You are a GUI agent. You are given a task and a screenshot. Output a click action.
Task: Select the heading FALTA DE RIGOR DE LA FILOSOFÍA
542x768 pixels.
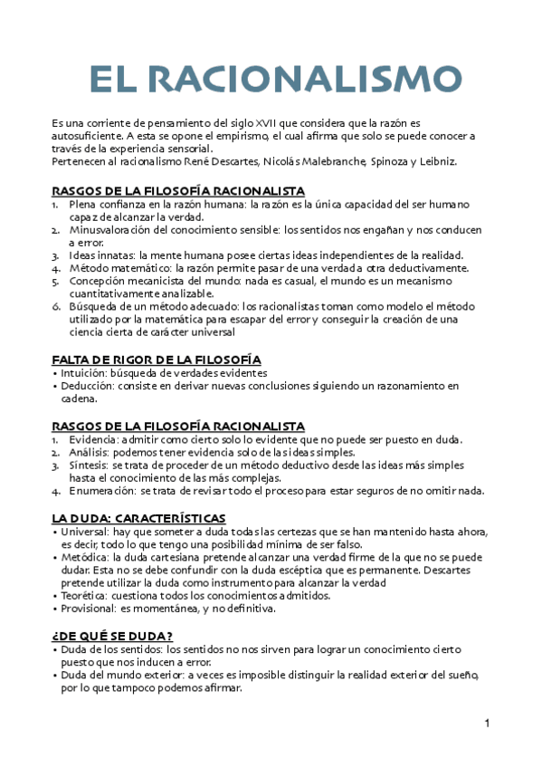click(157, 359)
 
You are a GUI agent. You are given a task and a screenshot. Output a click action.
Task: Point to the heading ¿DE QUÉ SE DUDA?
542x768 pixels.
click(112, 636)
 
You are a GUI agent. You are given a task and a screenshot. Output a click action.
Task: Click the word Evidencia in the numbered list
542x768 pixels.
click(94, 439)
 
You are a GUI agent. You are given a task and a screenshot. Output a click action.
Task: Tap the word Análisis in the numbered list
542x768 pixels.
click(89, 452)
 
